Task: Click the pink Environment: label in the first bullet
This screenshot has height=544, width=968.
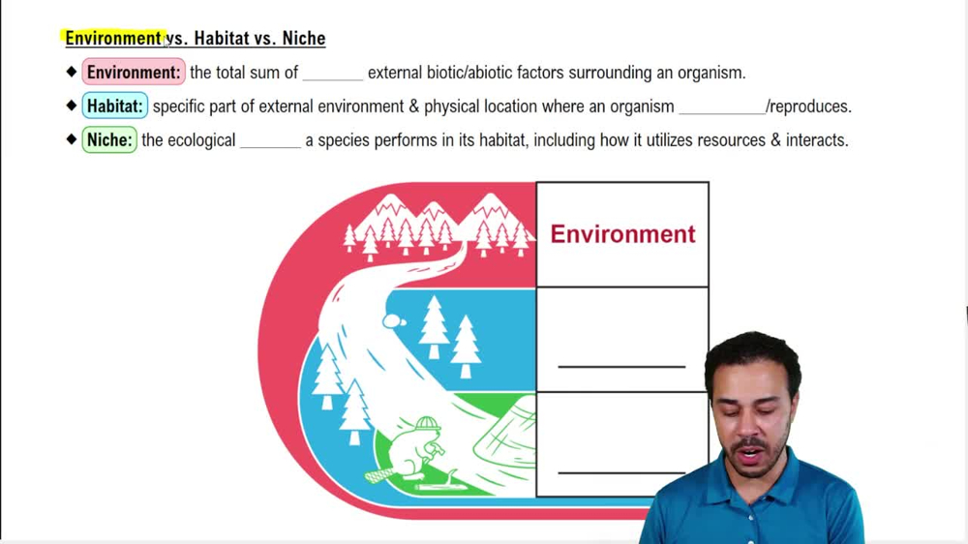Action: pos(134,73)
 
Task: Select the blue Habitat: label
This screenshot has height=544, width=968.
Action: pos(114,106)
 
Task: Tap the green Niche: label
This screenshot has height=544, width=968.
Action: pos(109,140)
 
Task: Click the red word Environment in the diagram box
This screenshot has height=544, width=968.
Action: pos(622,234)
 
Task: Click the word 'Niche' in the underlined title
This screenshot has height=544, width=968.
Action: pos(303,39)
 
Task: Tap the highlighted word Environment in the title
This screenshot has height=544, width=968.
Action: pos(113,39)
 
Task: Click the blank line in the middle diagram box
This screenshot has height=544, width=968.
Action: pos(621,366)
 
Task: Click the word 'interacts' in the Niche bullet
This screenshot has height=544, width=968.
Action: pos(815,140)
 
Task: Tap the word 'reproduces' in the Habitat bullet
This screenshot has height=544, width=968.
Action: pos(809,106)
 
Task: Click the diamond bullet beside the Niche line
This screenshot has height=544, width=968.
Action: pos(72,139)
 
